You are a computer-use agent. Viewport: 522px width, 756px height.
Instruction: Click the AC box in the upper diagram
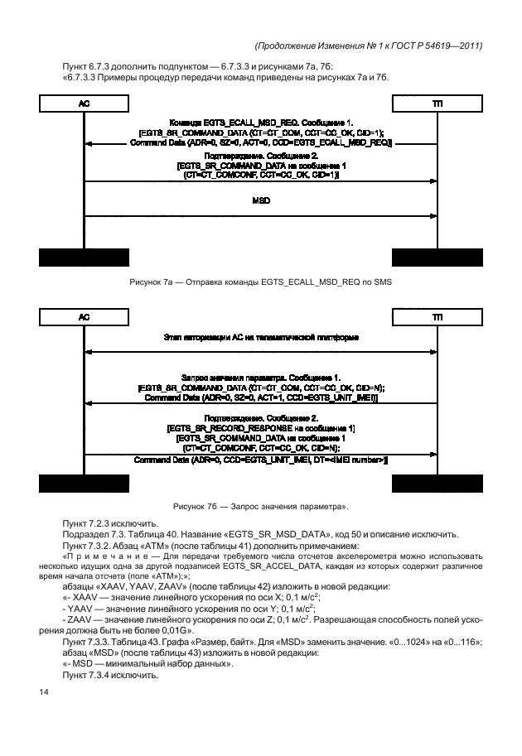point(84,104)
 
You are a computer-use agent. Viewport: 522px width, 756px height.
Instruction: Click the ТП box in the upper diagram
point(437,104)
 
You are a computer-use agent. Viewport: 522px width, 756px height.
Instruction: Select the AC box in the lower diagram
point(84,317)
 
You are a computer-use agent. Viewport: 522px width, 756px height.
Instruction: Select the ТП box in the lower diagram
point(437,317)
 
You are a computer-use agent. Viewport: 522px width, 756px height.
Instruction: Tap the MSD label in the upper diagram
point(261,200)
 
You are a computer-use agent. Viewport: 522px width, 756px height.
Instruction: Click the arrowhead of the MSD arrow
point(433,216)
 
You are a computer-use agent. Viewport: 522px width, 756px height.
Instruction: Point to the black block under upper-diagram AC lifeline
point(84,258)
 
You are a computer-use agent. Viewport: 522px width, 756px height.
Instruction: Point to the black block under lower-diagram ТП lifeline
point(437,484)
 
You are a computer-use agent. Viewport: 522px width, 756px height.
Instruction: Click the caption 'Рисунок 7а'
point(151,282)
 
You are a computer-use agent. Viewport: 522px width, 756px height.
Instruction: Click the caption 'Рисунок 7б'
point(195,507)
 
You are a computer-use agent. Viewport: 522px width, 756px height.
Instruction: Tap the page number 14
point(43,692)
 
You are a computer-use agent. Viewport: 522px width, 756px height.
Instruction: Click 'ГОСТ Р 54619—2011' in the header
point(438,46)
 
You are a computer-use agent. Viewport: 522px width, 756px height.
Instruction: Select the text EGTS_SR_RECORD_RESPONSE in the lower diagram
point(231,429)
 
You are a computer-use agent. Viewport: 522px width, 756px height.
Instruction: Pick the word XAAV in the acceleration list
point(85,598)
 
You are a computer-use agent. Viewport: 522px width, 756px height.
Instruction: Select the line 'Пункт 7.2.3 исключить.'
point(110,523)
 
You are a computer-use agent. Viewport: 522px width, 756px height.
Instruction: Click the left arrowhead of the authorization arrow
point(88,352)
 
